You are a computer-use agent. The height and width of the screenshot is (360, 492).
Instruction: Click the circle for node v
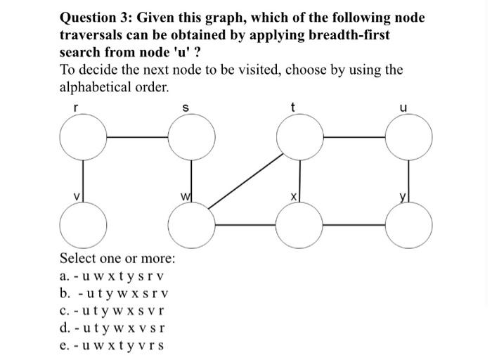click(84, 225)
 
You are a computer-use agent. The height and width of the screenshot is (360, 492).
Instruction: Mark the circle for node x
click(301, 225)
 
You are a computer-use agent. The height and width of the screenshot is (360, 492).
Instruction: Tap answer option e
click(112, 345)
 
